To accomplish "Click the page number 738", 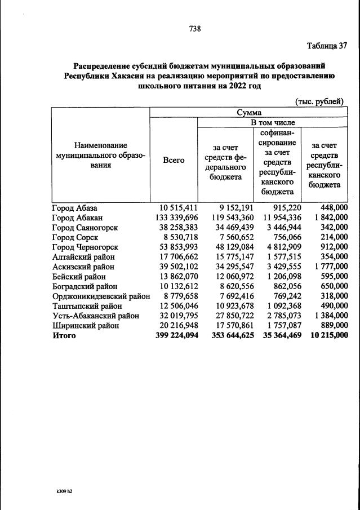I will click(195, 28).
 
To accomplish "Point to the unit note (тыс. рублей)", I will click(319, 101).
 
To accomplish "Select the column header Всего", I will click(174, 160).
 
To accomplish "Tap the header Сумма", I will click(248, 112).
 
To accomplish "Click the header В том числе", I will click(273, 122).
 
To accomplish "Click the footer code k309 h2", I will click(61, 491).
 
